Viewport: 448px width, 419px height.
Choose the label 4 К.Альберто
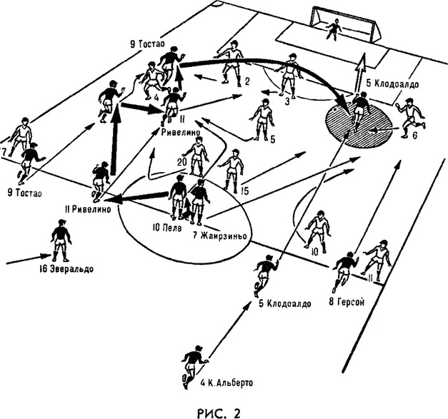(227, 383)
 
